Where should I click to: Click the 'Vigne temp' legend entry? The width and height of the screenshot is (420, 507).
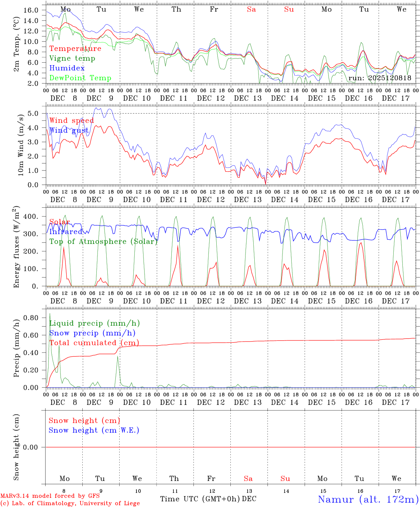(x=72, y=58)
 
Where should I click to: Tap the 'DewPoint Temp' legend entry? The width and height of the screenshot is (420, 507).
(x=80, y=78)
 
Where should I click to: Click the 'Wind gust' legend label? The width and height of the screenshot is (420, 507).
(x=69, y=131)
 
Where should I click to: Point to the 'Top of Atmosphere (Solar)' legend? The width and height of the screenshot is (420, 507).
(x=103, y=242)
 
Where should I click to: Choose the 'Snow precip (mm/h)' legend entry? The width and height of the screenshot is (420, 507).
(x=93, y=333)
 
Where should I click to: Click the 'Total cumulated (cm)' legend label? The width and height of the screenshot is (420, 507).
(x=94, y=343)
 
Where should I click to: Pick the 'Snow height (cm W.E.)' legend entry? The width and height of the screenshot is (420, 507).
(x=94, y=430)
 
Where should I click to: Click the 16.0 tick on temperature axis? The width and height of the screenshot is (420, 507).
(x=31, y=10)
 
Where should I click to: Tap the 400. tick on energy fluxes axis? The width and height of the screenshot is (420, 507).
(x=31, y=217)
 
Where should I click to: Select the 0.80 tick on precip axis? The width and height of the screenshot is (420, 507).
(x=31, y=318)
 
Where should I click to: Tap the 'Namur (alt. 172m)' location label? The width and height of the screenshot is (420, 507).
(x=368, y=499)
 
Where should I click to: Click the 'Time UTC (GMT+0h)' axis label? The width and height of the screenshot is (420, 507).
(x=200, y=499)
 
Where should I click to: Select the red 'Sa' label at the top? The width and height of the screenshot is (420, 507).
(x=251, y=10)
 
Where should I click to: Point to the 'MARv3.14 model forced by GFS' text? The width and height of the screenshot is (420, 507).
(x=50, y=496)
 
